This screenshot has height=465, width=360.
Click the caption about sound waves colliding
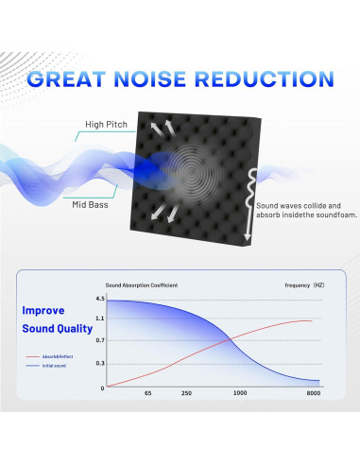point(297,209)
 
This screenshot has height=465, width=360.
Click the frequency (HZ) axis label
point(303,284)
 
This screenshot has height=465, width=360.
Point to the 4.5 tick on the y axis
point(101,301)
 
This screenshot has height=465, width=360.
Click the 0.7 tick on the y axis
point(101,340)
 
